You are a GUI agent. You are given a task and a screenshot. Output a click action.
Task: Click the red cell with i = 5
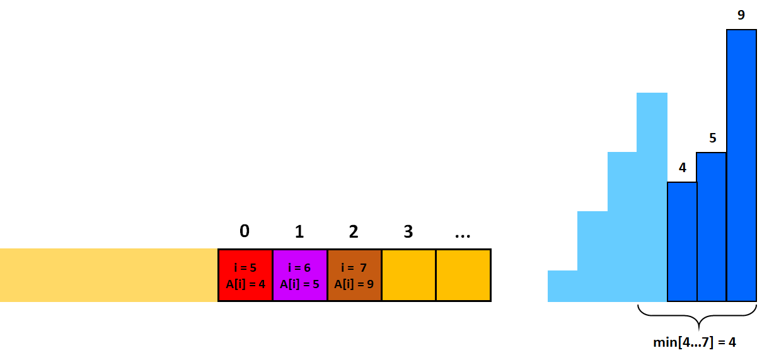pyautogui.click(x=245, y=276)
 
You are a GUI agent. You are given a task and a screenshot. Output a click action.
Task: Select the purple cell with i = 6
pyautogui.click(x=300, y=276)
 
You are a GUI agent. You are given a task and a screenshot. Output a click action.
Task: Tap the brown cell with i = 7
pyautogui.click(x=354, y=276)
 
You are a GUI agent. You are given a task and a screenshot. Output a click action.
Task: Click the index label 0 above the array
pyautogui.click(x=245, y=231)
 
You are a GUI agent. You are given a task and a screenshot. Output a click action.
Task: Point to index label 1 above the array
pyautogui.click(x=299, y=231)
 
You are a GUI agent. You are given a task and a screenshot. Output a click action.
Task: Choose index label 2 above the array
pyautogui.click(x=354, y=231)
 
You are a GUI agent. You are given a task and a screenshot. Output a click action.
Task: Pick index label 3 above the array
pyautogui.click(x=408, y=231)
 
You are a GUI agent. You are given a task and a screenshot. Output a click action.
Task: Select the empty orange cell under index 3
pyautogui.click(x=409, y=276)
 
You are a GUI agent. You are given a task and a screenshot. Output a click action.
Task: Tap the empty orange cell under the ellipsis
pyautogui.click(x=463, y=276)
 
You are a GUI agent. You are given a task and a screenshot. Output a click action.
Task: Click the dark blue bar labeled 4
pyautogui.click(x=682, y=242)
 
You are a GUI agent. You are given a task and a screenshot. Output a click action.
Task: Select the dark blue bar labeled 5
pyautogui.click(x=712, y=227)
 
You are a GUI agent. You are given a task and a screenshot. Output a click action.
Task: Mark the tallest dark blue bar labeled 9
pyautogui.click(x=741, y=165)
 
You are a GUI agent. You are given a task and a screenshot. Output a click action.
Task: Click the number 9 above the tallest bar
pyautogui.click(x=741, y=15)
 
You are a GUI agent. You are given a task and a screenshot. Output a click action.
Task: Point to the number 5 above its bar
pyautogui.click(x=712, y=138)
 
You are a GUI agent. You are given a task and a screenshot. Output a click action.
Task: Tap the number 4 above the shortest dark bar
pyautogui.click(x=683, y=168)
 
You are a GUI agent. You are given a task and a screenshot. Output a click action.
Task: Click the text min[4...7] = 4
pyautogui.click(x=695, y=342)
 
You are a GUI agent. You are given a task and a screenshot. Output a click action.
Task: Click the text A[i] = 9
pyautogui.click(x=354, y=284)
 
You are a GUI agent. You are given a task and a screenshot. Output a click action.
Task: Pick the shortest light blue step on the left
pyautogui.click(x=562, y=286)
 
